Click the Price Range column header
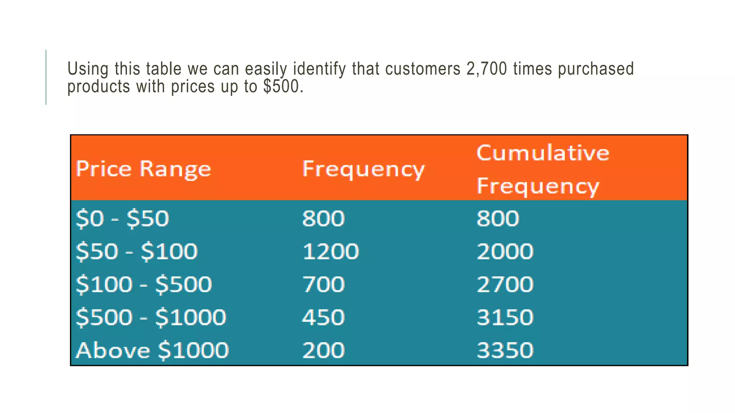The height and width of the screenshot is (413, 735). coord(143,169)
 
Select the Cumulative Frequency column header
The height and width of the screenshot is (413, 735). coord(542,169)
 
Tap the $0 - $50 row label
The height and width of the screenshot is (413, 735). coord(122,218)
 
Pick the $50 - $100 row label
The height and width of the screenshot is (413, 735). coord(136,251)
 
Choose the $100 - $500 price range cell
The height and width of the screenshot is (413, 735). coord(144,284)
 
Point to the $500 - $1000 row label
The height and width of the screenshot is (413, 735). coord(151,317)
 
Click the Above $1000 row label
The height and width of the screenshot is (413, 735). coord(152,350)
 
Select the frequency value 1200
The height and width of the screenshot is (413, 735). coord(331,251)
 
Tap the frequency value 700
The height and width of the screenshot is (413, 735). coord(323,284)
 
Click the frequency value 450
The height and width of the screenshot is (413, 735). coord(323,317)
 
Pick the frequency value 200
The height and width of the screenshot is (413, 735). coord(323,350)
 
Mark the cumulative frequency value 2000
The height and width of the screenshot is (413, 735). coord(505,251)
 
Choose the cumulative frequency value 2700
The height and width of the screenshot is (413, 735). coord(505,284)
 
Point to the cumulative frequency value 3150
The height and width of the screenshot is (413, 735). coord(505,317)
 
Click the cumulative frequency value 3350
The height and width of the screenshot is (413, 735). coord(505,350)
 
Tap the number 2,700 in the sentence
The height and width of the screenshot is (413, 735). coord(487,69)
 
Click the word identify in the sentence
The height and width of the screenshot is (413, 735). coord(319,69)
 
